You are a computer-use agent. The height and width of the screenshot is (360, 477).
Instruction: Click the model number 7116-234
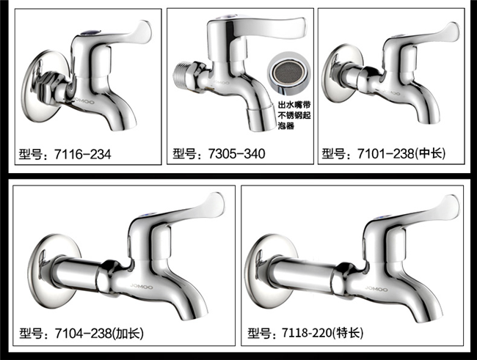[82, 154]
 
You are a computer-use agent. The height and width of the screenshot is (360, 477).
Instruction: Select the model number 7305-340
[236, 153]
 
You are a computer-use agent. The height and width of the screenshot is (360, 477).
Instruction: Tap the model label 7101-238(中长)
[401, 153]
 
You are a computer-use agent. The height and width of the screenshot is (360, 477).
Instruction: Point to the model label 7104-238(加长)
[99, 334]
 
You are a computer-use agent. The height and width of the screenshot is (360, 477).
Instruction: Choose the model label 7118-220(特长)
[322, 333]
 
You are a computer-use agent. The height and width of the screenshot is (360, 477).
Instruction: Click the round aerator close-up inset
[288, 73]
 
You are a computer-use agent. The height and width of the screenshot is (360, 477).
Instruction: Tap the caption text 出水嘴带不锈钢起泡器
[294, 116]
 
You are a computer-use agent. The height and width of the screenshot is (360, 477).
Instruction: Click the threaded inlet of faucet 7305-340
[183, 76]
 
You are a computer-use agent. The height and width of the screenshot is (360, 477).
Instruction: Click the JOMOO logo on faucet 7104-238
[142, 287]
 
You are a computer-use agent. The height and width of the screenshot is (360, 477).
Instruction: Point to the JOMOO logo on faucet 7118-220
[376, 289]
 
